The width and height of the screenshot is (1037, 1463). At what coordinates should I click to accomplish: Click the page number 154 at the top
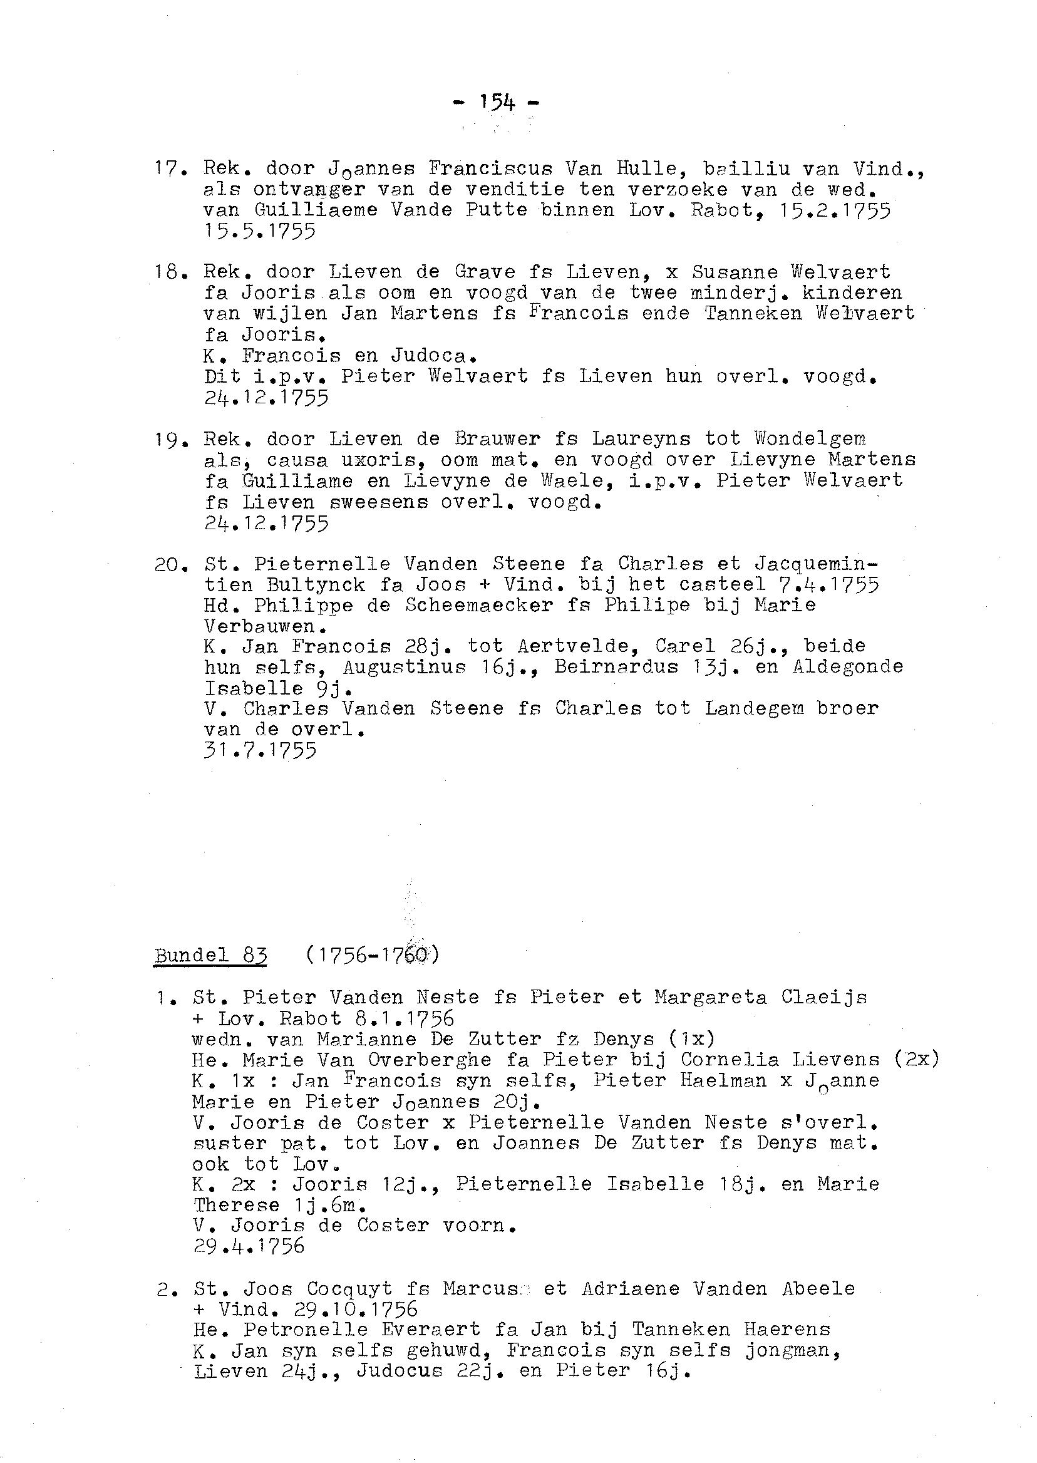(497, 102)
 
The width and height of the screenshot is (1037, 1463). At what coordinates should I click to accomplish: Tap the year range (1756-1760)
(372, 956)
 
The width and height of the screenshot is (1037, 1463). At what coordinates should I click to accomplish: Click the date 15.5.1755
(260, 231)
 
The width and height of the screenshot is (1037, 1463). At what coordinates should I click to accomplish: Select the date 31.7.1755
(260, 751)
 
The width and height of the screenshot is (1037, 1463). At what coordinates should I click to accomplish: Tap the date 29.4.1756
(249, 1246)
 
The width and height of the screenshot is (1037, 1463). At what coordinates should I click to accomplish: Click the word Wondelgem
(810, 440)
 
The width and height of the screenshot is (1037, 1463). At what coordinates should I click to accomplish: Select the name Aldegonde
(848, 667)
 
